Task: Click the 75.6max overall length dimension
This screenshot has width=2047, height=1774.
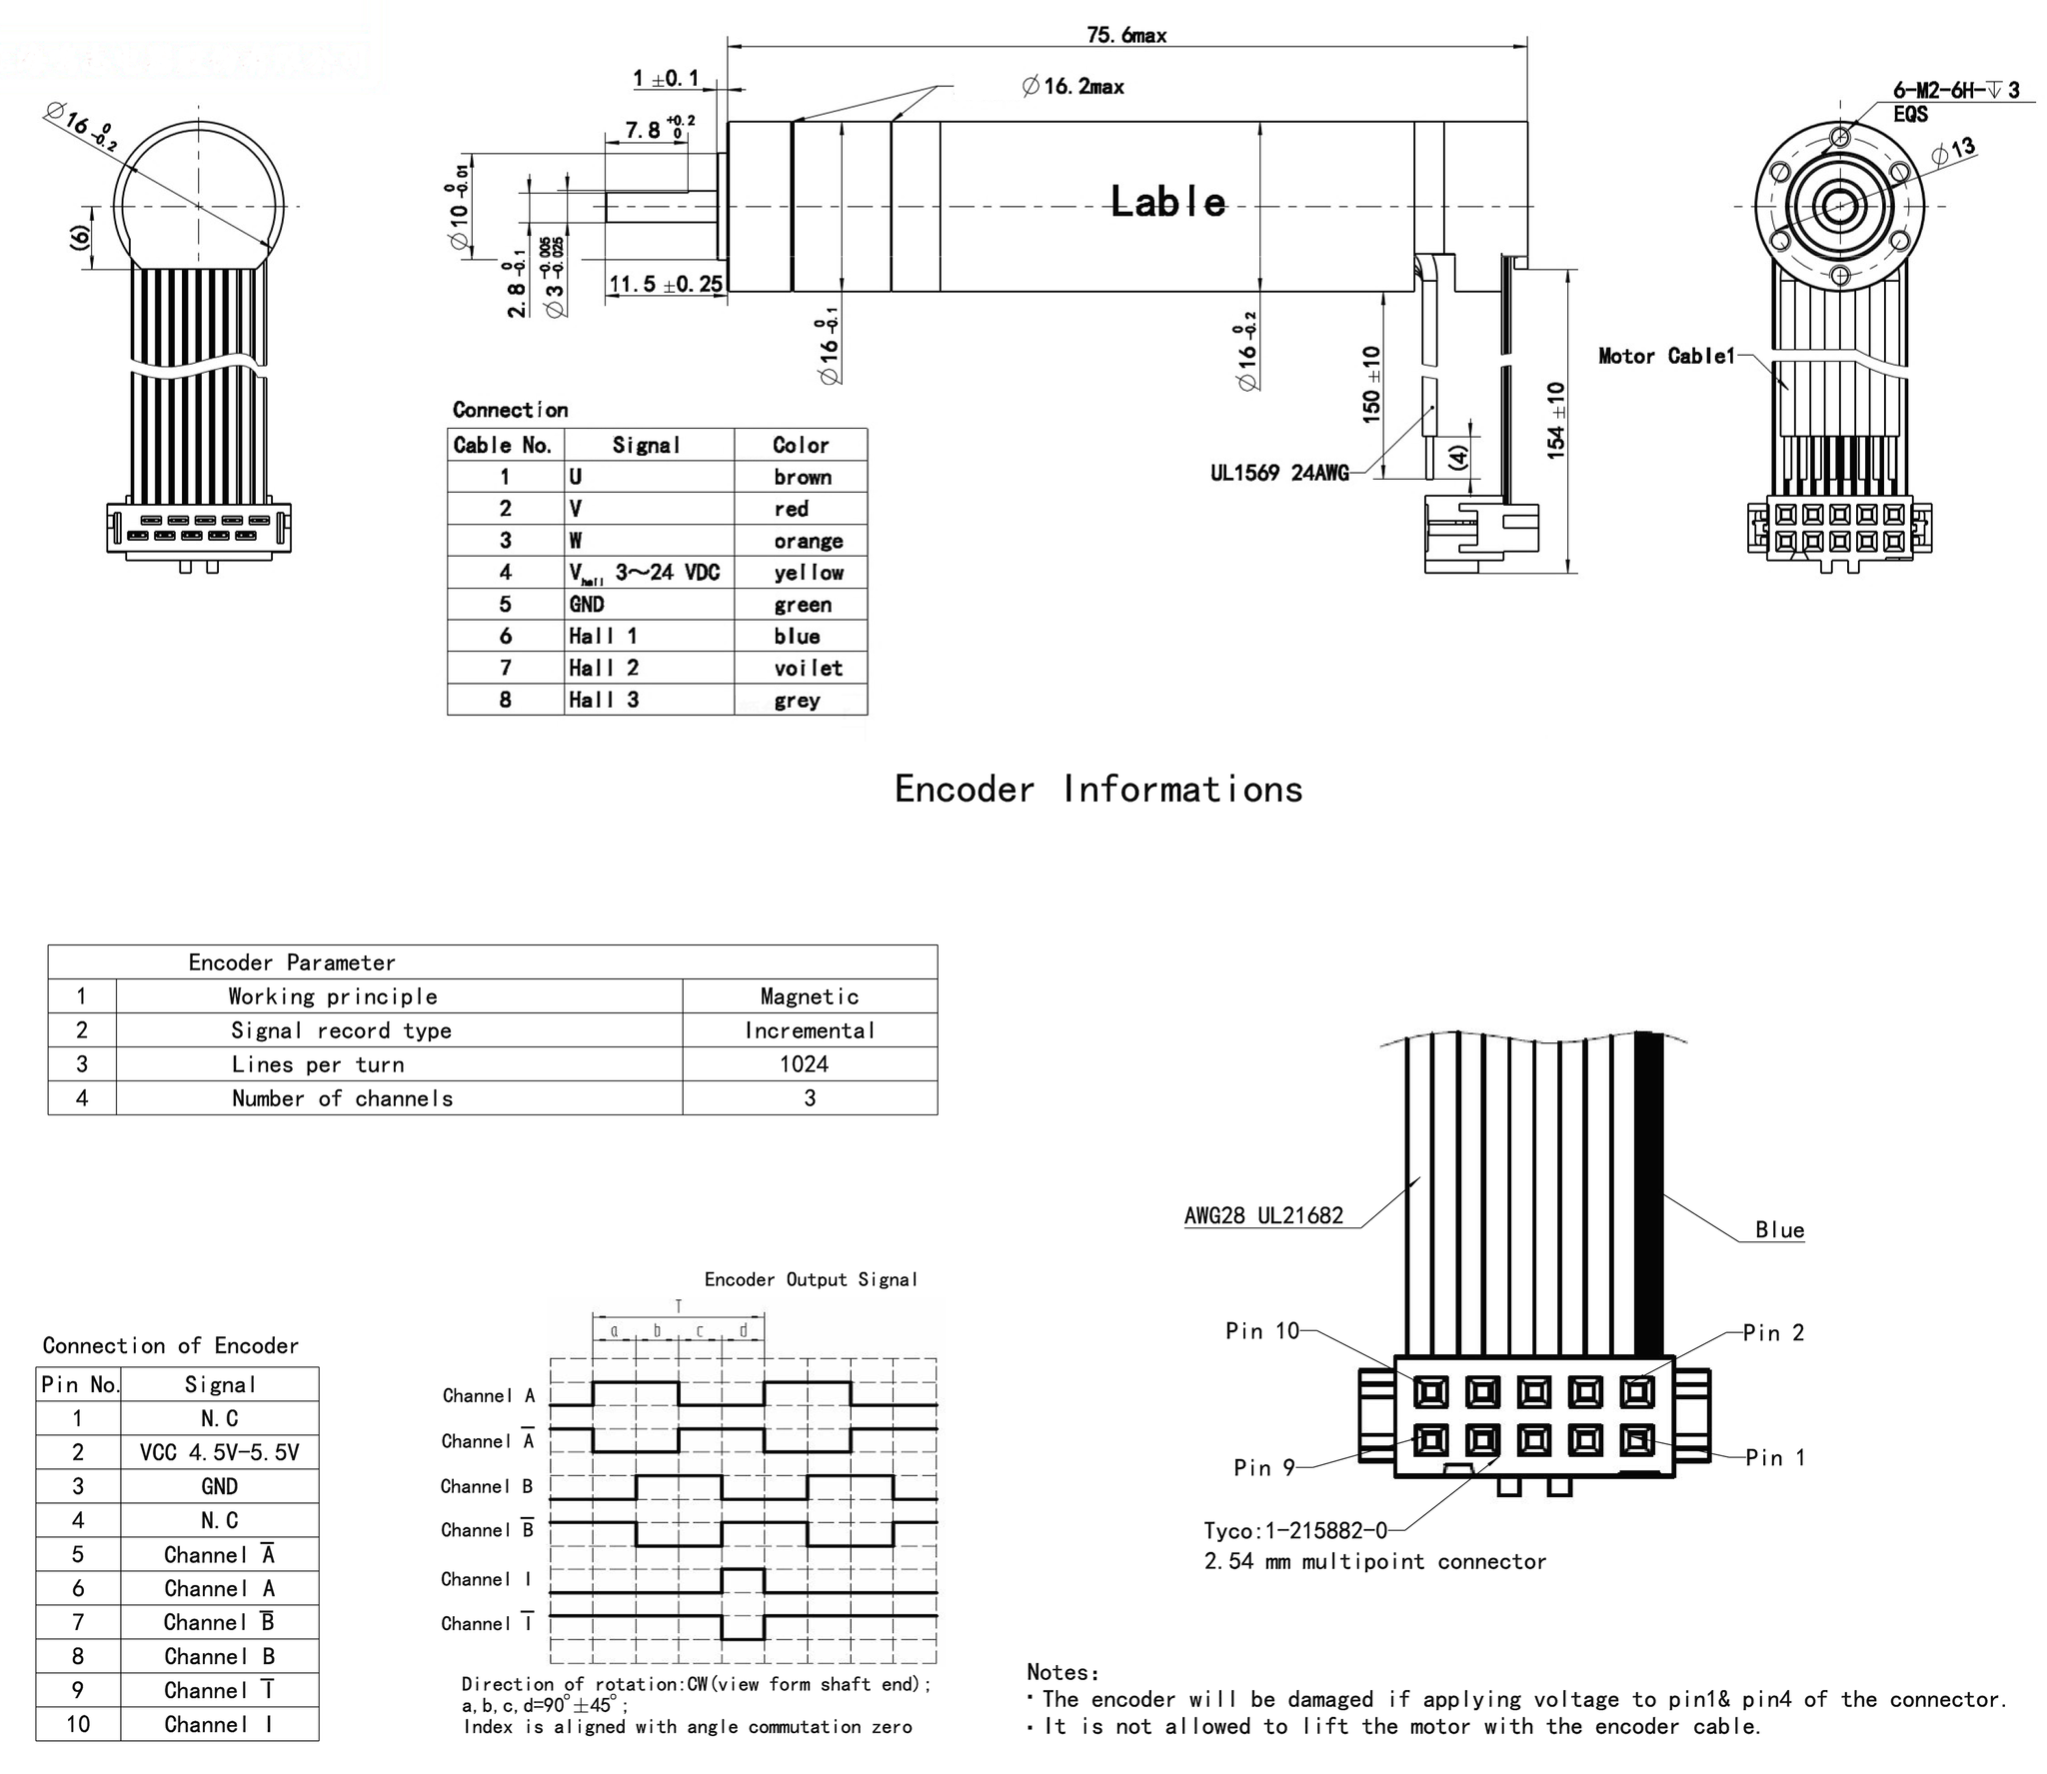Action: [x=1126, y=36]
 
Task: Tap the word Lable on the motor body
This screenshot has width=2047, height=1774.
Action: [x=1167, y=202]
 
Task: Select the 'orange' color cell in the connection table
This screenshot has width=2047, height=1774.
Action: [x=808, y=541]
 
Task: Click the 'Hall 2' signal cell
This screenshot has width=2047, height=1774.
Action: [x=604, y=668]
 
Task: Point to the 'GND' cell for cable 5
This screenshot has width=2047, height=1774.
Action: [x=587, y=604]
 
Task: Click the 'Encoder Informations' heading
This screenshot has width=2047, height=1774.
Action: [x=1098, y=790]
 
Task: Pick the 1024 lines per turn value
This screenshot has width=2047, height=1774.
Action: [x=805, y=1063]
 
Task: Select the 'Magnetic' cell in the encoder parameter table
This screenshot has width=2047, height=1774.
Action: [x=809, y=995]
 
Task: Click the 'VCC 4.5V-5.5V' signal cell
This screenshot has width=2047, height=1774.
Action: [x=219, y=1452]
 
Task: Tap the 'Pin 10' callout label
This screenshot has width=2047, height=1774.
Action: [x=1261, y=1331]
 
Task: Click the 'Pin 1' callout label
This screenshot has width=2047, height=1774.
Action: [x=1775, y=1457]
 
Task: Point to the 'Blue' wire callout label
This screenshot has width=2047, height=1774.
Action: [x=1779, y=1230]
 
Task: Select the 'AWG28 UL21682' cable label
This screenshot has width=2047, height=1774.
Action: [x=1263, y=1216]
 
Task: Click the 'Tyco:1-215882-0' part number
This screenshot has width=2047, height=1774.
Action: [x=1295, y=1531]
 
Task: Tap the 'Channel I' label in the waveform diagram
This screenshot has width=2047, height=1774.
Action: [x=487, y=1579]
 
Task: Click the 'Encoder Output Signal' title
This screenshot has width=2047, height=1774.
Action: [x=811, y=1279]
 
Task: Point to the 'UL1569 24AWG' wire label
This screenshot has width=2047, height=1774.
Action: [x=1279, y=474]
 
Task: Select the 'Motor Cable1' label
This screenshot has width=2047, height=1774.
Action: [x=1666, y=356]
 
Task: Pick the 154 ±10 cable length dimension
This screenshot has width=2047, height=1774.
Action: [x=1556, y=421]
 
